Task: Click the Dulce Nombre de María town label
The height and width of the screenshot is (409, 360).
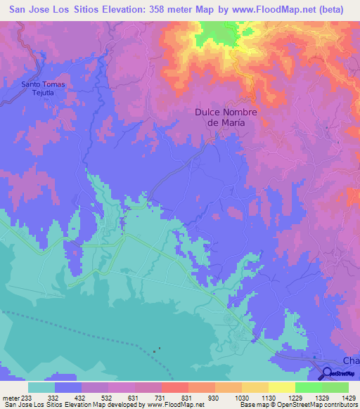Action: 226,117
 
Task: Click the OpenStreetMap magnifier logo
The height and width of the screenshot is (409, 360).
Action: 327,373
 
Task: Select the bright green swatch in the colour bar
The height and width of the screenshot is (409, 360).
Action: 309,387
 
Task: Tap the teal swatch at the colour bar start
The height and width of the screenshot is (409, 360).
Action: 41,387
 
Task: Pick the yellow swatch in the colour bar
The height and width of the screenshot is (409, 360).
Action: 282,387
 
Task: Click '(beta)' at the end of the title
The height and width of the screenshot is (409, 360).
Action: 337,11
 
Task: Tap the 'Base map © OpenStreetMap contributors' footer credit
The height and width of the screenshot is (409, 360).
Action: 297,405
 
